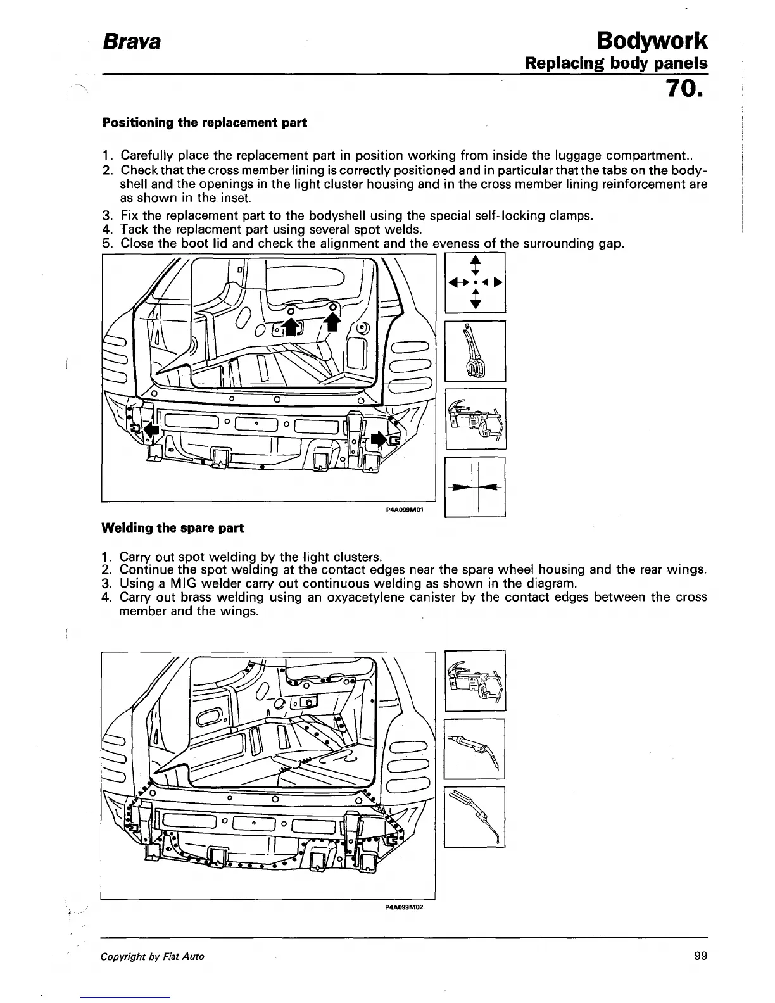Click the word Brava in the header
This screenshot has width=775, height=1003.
(132, 42)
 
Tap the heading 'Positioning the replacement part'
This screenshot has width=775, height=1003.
(205, 123)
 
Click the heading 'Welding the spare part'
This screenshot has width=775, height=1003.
(172, 527)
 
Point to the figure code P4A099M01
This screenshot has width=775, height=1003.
(403, 515)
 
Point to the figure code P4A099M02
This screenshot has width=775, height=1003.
(403, 907)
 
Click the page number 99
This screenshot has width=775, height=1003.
(700, 956)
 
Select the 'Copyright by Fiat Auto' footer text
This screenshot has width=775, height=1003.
(153, 956)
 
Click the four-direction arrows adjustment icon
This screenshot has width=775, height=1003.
(475, 283)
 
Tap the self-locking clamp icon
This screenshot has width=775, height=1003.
(475, 351)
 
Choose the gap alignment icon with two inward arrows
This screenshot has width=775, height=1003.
(475, 487)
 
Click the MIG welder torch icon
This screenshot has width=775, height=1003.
(475, 749)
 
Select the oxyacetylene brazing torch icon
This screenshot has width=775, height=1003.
(475, 817)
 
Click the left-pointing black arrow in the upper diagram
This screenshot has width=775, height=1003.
(149, 430)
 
